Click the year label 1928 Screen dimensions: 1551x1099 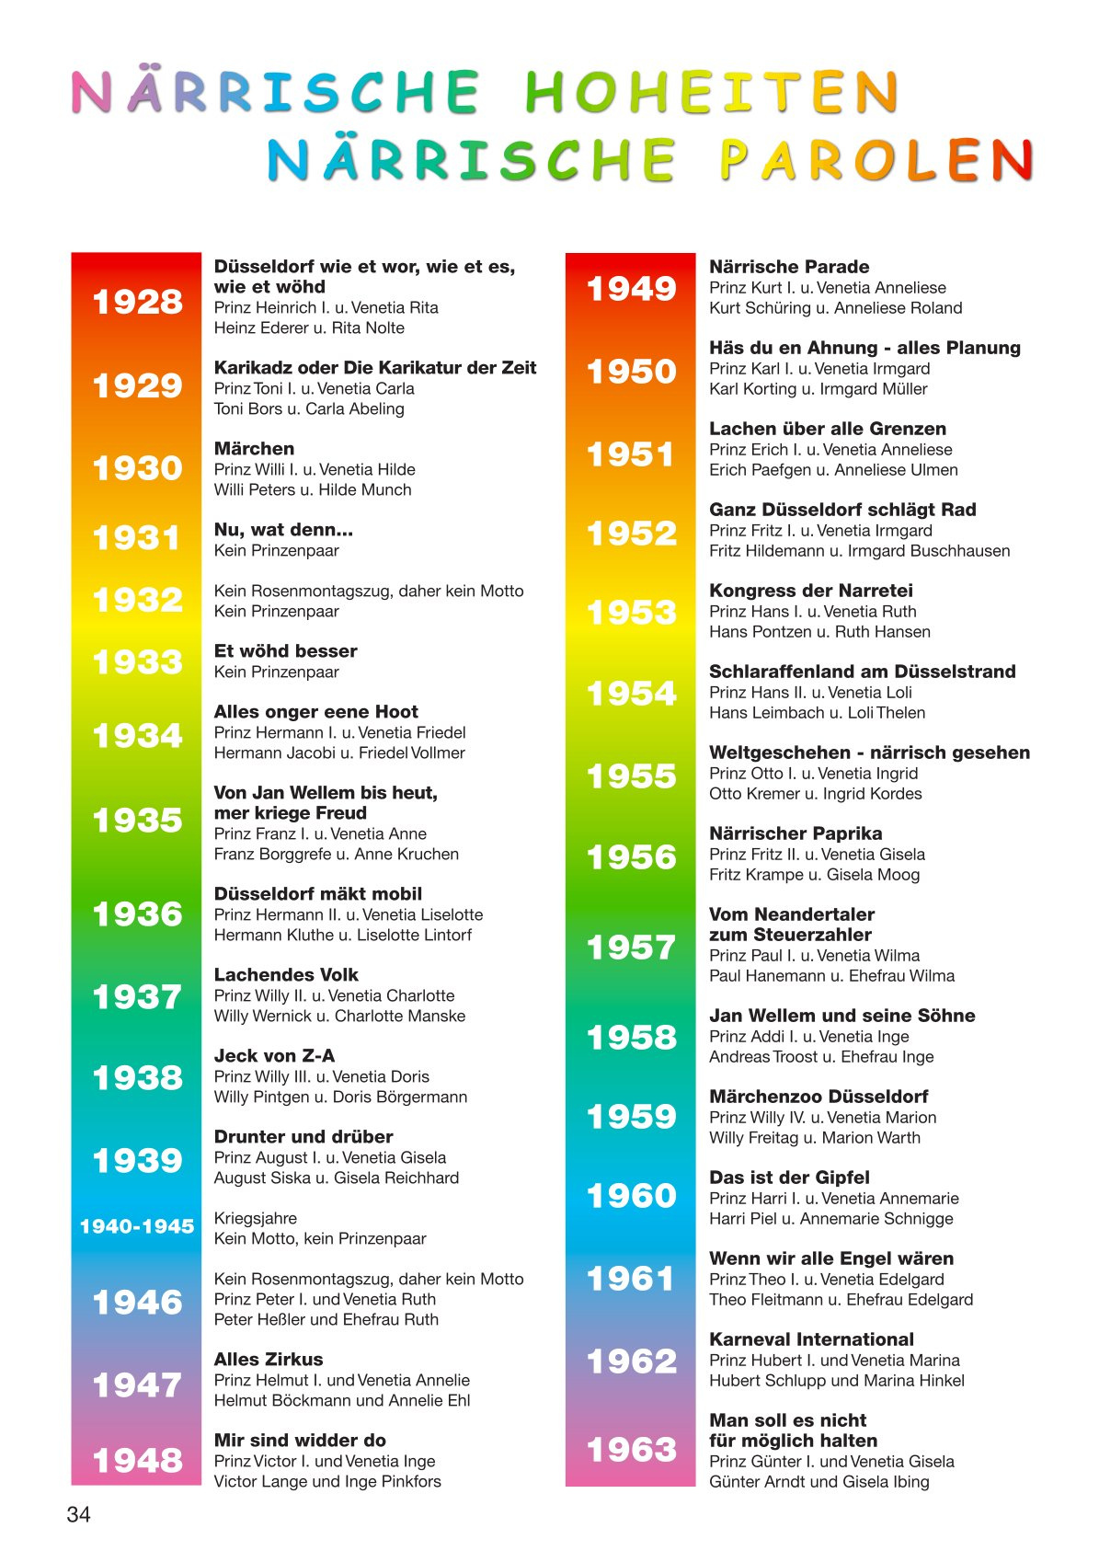click(137, 302)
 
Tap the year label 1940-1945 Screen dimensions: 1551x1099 click(137, 1226)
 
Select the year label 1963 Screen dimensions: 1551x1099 click(632, 1450)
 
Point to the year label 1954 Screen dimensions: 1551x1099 click(632, 694)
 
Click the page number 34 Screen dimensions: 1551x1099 click(79, 1514)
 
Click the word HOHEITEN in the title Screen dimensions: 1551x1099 click(711, 92)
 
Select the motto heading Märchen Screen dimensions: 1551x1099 click(255, 449)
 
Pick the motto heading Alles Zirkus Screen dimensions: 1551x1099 click(269, 1360)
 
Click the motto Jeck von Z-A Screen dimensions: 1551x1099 click(275, 1056)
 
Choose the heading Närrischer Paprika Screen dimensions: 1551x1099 click(796, 833)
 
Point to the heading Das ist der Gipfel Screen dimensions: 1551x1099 click(789, 1178)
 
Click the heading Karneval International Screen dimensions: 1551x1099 click(811, 1339)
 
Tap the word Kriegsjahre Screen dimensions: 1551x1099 click(256, 1218)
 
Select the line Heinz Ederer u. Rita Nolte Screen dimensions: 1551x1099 click(309, 328)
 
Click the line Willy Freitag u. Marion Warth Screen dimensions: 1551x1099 click(814, 1138)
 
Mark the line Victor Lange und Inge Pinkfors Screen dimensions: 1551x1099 click(327, 1482)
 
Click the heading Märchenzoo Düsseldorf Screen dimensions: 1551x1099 click(819, 1097)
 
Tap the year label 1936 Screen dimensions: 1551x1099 click(137, 914)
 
